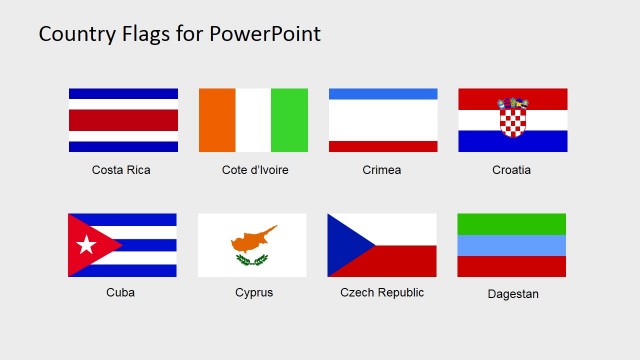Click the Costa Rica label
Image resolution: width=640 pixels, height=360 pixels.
coord(121,170)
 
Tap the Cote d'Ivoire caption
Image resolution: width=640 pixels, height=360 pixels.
coord(255,170)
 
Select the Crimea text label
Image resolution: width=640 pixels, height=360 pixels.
coord(382,170)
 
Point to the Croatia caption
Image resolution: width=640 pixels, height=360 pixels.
coord(512,170)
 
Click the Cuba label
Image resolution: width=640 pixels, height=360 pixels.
coord(121,293)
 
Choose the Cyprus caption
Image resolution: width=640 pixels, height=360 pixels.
coord(254,293)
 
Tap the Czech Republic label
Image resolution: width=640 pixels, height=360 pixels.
coord(382,293)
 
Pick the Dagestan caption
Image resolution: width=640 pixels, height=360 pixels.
coord(512,294)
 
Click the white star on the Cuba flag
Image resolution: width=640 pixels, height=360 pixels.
coord(86,245)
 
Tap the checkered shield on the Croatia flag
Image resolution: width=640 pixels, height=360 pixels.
coord(513,121)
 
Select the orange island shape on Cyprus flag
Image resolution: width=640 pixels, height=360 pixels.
coord(254,239)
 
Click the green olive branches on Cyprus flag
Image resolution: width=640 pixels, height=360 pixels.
coord(252,260)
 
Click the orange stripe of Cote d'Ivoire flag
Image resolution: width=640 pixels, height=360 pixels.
coord(217,120)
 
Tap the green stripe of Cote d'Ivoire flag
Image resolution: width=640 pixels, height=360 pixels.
coord(290,120)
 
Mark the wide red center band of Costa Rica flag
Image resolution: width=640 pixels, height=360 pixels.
coord(123,120)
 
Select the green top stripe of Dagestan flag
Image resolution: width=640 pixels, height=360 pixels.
coord(512,224)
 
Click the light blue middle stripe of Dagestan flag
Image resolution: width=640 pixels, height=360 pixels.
coord(512,245)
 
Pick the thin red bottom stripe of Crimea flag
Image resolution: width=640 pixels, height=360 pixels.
coord(383,146)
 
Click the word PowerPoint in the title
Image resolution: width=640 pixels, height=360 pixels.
coord(265,34)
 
